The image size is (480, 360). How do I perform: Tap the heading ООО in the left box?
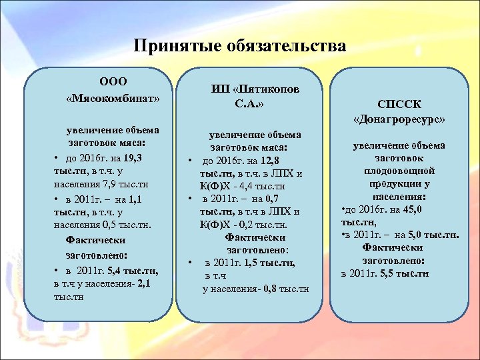click(113, 82)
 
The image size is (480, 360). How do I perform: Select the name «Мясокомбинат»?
click(113, 99)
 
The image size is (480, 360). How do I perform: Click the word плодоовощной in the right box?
click(400, 170)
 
